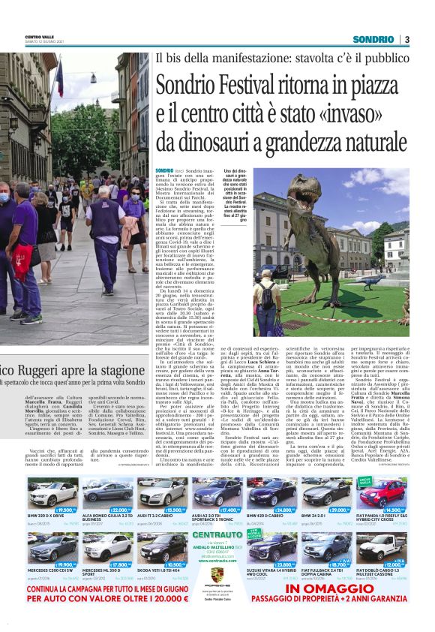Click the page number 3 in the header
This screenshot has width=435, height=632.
[x=406, y=39]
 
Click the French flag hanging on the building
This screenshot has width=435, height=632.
[x=59, y=77]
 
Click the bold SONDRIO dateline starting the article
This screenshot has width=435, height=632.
[x=164, y=172]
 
